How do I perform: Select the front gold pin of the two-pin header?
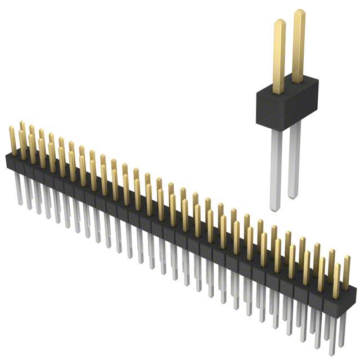tap(279, 56)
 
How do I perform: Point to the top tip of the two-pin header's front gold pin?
tap(280, 22)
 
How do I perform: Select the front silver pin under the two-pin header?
tap(274, 169)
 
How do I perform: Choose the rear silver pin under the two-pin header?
tap(294, 160)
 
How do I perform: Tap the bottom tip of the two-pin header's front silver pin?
tap(274, 209)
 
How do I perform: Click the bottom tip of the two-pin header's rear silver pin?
tap(292, 197)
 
